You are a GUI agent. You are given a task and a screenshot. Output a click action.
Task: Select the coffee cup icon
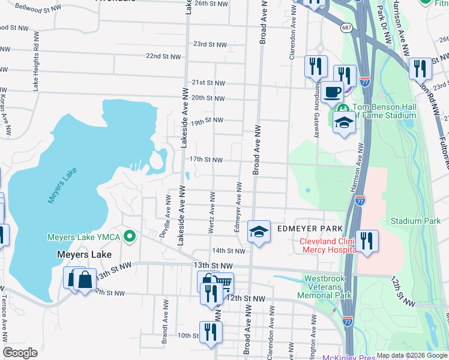[x=332, y=92]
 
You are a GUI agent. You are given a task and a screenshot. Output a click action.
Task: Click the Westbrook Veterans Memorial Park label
[x=328, y=287]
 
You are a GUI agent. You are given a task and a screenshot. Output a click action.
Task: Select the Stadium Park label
[x=415, y=221]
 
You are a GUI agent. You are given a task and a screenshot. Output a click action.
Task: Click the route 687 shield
[x=347, y=28]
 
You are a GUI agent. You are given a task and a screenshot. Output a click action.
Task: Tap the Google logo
[x=20, y=353]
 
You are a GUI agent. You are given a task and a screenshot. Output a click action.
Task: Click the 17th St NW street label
[x=206, y=160]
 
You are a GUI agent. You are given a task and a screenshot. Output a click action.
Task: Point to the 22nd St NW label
[x=162, y=56]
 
